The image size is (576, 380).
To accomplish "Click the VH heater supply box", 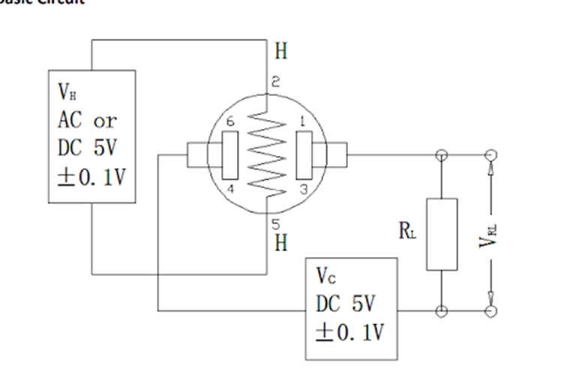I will coord(91,136).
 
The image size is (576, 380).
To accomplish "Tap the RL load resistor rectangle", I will coord(442,234).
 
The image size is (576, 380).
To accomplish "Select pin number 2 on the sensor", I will coord(275,83).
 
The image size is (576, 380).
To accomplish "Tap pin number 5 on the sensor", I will coord(275,223).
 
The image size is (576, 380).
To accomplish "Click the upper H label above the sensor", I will coord(280,52).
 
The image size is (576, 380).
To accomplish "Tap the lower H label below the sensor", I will coord(280,243).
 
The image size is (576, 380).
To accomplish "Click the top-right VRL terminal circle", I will coord(491,155).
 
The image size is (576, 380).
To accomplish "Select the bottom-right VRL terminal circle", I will coord(491,310).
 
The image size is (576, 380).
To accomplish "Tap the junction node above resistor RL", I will coord(442,155).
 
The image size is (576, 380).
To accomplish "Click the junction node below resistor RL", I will coord(442,310).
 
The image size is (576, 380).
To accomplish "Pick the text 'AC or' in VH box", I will coord(87,121).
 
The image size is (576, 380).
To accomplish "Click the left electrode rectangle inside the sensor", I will coord(230,156).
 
